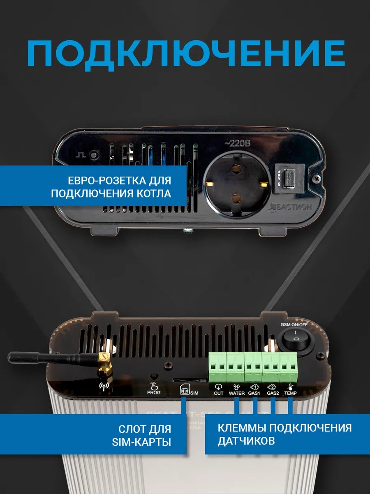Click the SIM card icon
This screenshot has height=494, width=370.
(185, 389)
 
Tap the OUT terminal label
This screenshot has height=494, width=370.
(218, 394)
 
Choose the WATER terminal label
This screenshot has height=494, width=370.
(237, 394)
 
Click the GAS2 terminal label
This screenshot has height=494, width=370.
(272, 394)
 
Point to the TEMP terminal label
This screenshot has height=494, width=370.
(290, 394)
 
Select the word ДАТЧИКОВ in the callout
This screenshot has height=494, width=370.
(246, 441)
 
